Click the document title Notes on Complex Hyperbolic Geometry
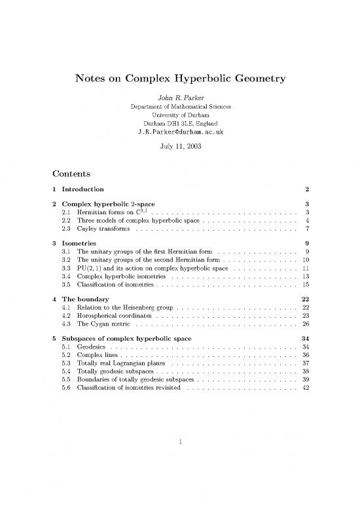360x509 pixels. [x=180, y=79]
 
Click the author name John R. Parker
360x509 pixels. [x=180, y=97]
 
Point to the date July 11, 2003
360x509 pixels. [x=180, y=147]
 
